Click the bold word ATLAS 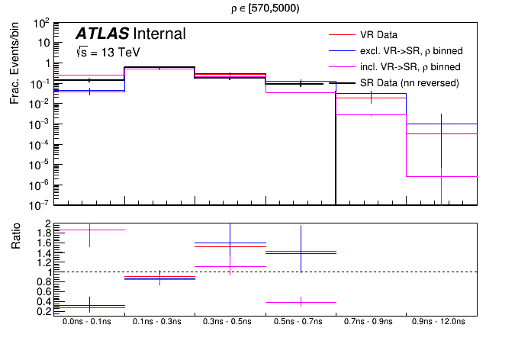(101, 34)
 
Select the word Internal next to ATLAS (159, 34)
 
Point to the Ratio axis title (14, 240)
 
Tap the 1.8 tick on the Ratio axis (45, 233)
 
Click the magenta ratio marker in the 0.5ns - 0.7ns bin (301, 302)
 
